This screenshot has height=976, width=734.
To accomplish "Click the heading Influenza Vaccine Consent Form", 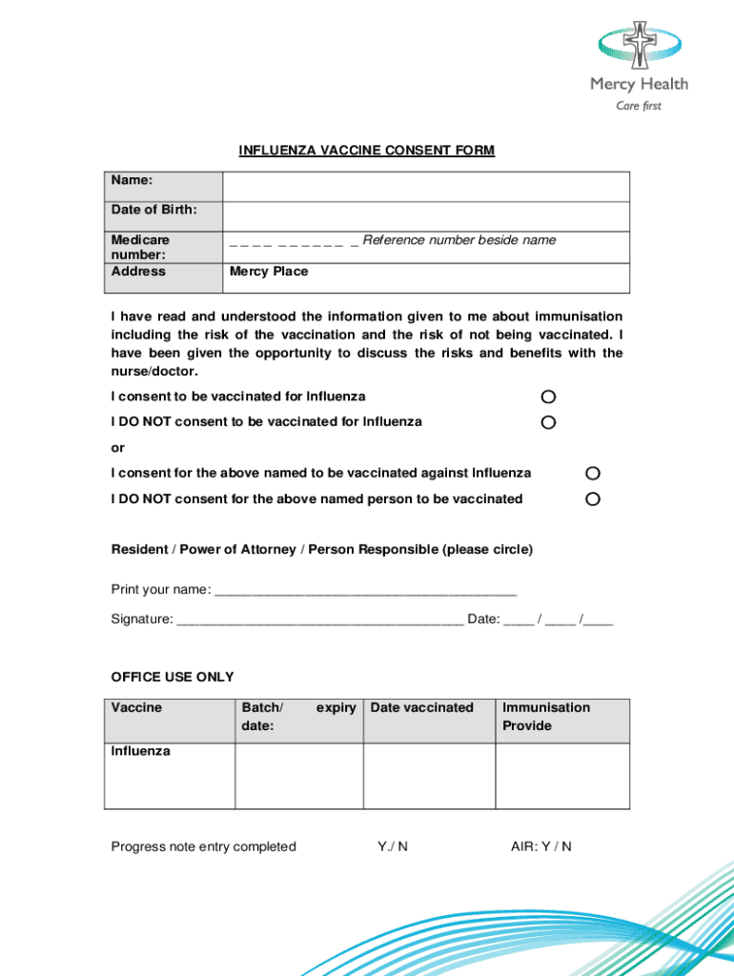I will [367, 151].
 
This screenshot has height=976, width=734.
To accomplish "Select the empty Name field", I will [425, 187].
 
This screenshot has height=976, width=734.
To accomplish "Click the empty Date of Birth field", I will [425, 216].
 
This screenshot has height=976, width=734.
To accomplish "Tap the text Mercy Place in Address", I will [269, 272].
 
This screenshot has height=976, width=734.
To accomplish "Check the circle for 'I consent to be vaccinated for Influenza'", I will [548, 396].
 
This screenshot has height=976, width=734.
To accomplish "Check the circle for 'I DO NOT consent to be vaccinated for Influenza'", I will [548, 422].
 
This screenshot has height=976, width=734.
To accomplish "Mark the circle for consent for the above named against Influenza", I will [593, 474].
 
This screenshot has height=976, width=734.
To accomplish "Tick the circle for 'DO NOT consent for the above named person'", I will [593, 499].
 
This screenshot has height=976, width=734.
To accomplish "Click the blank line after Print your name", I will [366, 590].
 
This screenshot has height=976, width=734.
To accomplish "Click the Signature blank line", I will [320, 620].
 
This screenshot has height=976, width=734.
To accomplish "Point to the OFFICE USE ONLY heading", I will [173, 677].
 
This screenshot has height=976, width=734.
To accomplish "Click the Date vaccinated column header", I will [421, 707].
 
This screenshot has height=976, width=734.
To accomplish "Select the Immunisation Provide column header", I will [546, 717].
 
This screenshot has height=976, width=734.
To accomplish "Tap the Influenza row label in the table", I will [141, 751].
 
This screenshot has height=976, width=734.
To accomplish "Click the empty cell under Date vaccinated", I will [429, 777].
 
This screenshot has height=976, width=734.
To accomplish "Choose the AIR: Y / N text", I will [541, 846].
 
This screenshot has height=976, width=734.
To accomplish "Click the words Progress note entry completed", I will [204, 846].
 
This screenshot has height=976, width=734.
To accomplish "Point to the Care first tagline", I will [639, 106].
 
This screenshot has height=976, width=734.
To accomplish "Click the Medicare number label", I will [140, 248].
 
